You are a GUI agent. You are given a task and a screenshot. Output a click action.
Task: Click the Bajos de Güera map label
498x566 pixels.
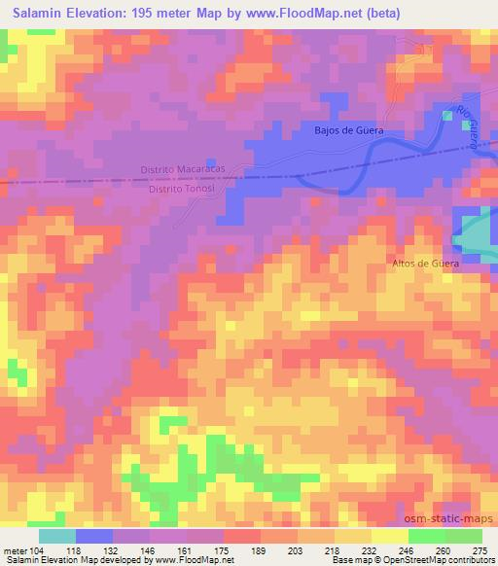point(349,129)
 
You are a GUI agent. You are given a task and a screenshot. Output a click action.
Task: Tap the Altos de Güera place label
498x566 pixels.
point(425,264)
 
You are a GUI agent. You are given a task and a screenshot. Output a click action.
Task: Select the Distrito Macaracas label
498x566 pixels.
point(182,168)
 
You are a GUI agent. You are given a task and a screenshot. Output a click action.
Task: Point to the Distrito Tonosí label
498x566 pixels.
point(177,190)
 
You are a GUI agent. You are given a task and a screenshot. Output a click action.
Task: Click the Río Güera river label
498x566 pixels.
point(469,131)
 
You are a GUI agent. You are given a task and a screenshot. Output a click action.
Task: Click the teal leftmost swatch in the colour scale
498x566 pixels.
point(57,535)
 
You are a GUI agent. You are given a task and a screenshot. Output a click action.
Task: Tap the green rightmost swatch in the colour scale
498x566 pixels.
point(464,535)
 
